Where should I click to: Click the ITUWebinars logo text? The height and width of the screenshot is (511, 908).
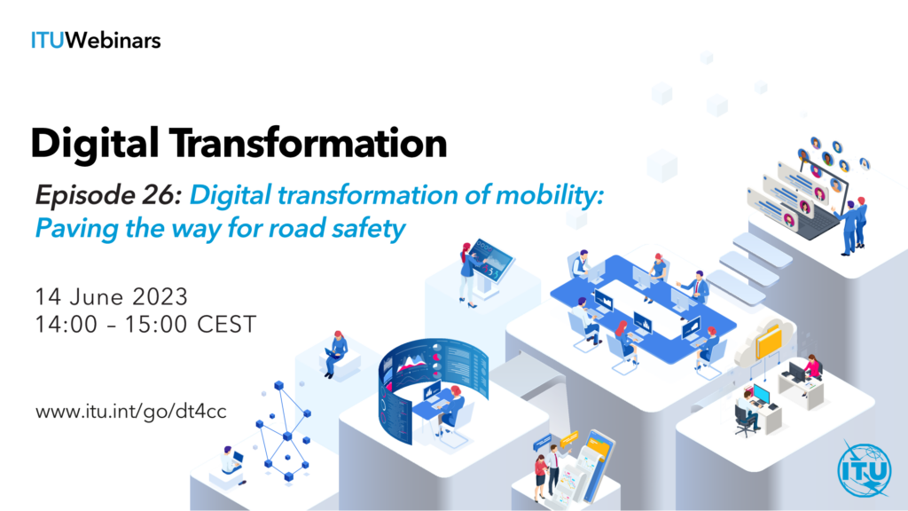tap(96, 41)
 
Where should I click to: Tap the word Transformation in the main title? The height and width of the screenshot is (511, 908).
tap(308, 143)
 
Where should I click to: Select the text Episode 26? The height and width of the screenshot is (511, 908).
tap(108, 195)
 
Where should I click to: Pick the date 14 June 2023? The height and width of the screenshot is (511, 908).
tap(112, 296)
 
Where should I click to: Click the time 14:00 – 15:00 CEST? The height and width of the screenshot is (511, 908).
tap(145, 325)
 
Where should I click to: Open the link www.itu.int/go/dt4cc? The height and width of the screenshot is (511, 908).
tap(131, 412)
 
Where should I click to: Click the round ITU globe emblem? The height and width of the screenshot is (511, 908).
tap(864, 469)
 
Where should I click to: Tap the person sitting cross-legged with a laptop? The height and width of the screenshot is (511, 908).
tap(334, 353)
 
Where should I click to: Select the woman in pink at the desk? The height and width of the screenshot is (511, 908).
tap(811, 372)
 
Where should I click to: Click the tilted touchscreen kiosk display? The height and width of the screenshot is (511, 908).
tap(491, 261)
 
